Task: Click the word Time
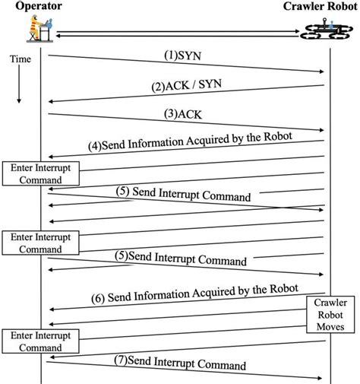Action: [x=21, y=59]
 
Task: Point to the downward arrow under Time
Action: [x=21, y=87]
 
